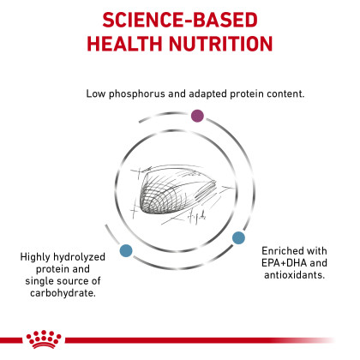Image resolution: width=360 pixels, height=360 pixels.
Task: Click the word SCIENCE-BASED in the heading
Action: [x=180, y=20]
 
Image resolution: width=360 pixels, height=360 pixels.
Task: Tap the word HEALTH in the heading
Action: [x=124, y=44]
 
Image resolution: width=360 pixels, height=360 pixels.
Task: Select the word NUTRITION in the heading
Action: [x=221, y=44]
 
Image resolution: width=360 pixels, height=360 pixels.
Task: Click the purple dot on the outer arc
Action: [x=197, y=116]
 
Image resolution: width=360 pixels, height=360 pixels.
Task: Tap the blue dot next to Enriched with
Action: [x=238, y=237]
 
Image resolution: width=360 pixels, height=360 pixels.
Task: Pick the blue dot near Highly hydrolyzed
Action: [x=126, y=250]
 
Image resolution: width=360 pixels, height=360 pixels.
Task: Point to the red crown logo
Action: [x=44, y=339]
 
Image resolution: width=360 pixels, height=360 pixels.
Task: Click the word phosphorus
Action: [x=137, y=94]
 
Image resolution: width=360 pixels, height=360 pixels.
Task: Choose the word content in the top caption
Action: [x=285, y=93]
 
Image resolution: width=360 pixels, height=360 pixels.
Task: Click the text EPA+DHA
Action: [x=284, y=263]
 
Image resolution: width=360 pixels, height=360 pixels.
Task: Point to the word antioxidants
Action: [x=295, y=275]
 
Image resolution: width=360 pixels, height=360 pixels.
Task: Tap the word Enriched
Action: [x=279, y=251]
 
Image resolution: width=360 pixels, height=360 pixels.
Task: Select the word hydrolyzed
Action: [x=79, y=257]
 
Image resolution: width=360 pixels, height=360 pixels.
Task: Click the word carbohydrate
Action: [x=63, y=293]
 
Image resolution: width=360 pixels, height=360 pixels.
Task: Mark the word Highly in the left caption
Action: [x=35, y=257]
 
